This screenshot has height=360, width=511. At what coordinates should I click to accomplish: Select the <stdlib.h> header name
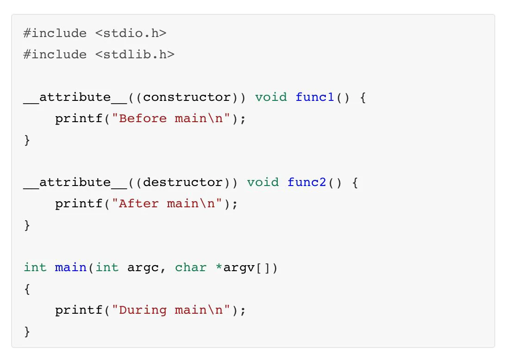click(x=135, y=55)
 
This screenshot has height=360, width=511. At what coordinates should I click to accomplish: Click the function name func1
click(x=315, y=97)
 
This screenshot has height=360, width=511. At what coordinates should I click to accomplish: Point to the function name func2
click(x=307, y=182)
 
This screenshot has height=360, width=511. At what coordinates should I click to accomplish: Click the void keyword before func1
click(x=271, y=97)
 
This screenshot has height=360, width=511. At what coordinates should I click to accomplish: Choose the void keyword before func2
click(x=263, y=182)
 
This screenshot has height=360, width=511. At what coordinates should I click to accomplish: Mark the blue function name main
click(x=71, y=267)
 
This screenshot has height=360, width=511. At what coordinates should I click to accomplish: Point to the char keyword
click(x=191, y=267)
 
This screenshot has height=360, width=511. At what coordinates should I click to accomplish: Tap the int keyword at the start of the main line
click(x=35, y=267)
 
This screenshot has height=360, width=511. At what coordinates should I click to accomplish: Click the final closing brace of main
click(x=27, y=331)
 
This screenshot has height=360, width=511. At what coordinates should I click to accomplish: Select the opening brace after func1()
click(x=362, y=97)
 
